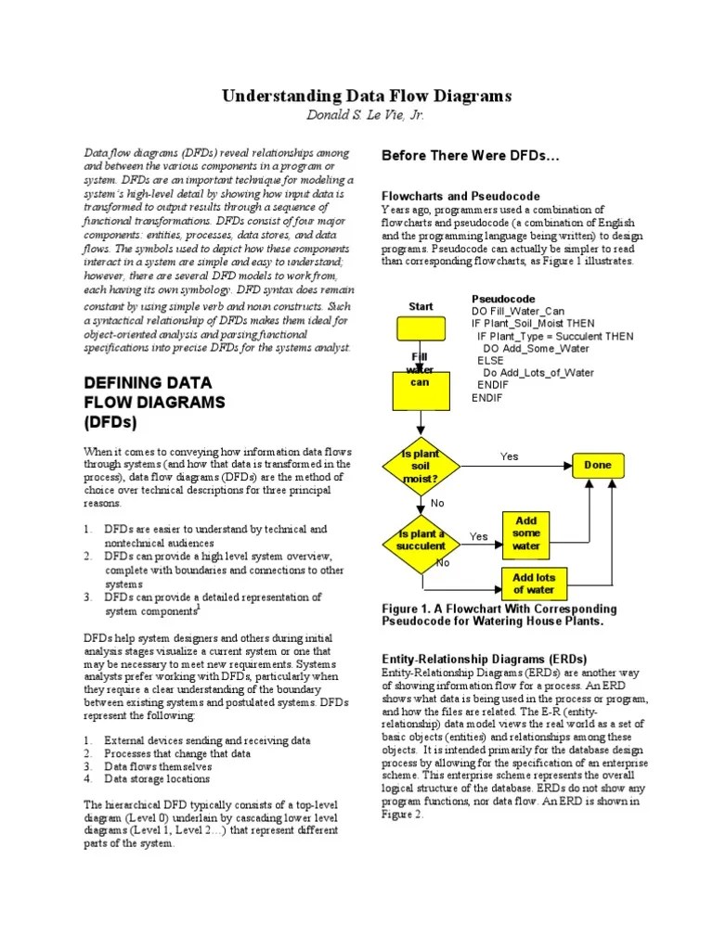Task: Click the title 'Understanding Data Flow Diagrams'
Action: (x=365, y=96)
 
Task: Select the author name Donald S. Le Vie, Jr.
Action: (x=365, y=115)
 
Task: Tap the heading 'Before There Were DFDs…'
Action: (x=471, y=156)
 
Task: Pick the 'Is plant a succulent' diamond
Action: (x=420, y=541)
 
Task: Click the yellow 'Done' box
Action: (x=598, y=465)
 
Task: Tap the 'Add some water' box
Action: (x=525, y=533)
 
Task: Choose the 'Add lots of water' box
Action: (x=533, y=584)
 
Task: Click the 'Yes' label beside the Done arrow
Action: (x=510, y=456)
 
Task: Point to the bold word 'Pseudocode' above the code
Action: (x=502, y=299)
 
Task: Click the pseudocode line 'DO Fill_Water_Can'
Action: (x=518, y=311)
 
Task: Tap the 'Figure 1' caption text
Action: (x=499, y=614)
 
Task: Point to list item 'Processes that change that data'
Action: (x=177, y=754)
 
